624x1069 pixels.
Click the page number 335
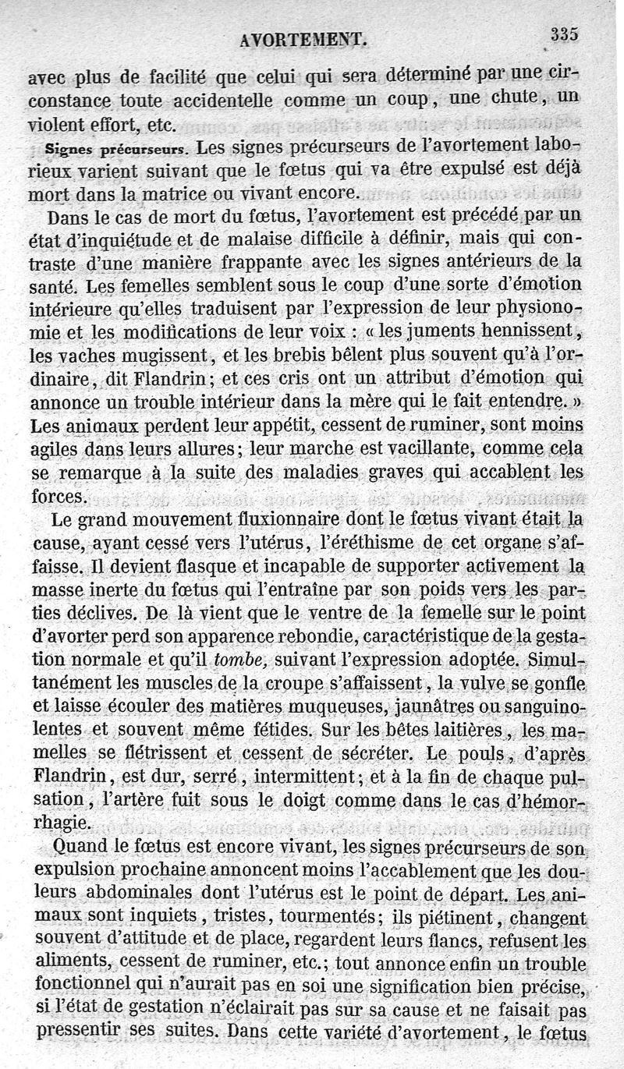tap(564, 34)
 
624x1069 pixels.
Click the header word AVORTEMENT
tap(303, 40)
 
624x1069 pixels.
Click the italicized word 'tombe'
tap(243, 660)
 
